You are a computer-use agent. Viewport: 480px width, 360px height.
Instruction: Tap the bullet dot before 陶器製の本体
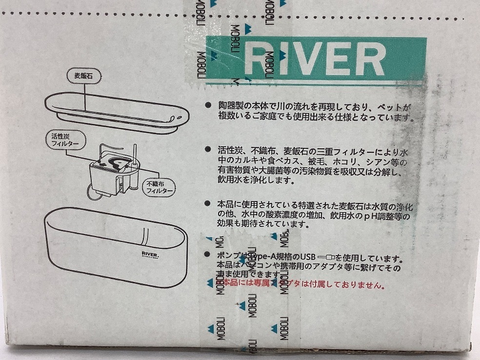[x=208, y=105]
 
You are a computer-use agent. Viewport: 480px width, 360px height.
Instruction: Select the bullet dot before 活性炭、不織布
[x=208, y=148]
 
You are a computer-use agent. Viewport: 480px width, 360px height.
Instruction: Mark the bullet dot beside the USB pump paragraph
[x=208, y=255]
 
